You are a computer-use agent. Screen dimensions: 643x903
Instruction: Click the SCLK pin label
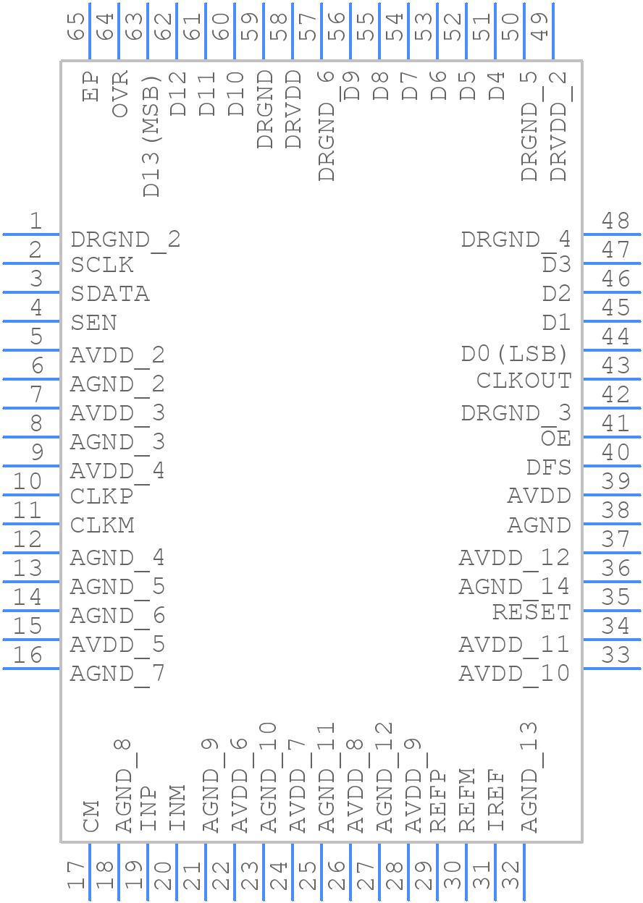(x=101, y=265)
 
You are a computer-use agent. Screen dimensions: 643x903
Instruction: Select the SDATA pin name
(x=110, y=294)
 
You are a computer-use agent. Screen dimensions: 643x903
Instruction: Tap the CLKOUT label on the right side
(x=524, y=381)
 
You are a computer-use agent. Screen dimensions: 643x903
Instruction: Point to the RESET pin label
(x=531, y=612)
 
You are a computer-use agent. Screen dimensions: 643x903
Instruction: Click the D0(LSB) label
(x=515, y=354)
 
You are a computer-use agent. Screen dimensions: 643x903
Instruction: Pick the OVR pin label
(x=119, y=93)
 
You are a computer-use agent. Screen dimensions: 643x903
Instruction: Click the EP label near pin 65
(x=91, y=86)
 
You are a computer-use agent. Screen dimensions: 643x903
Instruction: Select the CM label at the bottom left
(x=91, y=816)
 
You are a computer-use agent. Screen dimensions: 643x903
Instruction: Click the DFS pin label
(x=549, y=467)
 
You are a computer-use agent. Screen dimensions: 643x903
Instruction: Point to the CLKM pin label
(x=102, y=525)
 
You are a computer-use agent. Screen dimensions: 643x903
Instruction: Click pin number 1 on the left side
(x=36, y=221)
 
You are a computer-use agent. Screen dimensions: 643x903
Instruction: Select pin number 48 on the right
(x=615, y=221)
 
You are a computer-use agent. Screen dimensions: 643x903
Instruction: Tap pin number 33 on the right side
(x=615, y=655)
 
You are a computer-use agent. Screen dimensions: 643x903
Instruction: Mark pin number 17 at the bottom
(x=76, y=875)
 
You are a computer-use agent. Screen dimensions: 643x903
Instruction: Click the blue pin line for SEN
(x=31, y=321)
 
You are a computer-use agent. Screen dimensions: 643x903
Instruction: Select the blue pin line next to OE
(x=612, y=437)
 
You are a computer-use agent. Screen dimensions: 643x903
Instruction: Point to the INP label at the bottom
(x=148, y=809)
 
